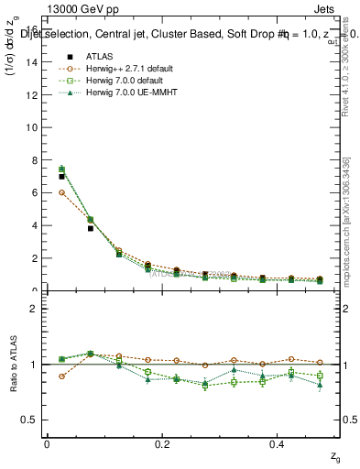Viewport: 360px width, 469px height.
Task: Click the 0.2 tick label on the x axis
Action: (162, 444)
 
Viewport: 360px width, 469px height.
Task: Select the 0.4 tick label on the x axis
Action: (278, 444)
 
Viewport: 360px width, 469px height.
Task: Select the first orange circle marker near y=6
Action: (61, 192)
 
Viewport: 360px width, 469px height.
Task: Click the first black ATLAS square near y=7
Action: (61, 177)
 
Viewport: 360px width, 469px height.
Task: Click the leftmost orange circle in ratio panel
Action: (61, 376)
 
